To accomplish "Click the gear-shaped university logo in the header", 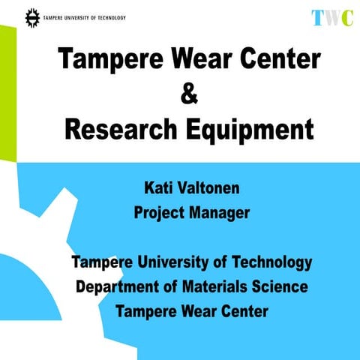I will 32,16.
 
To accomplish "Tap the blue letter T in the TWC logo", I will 318,18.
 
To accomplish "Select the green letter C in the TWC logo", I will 346,18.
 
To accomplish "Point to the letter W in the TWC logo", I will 331,18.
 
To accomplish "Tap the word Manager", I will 219,213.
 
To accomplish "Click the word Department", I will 116,287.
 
